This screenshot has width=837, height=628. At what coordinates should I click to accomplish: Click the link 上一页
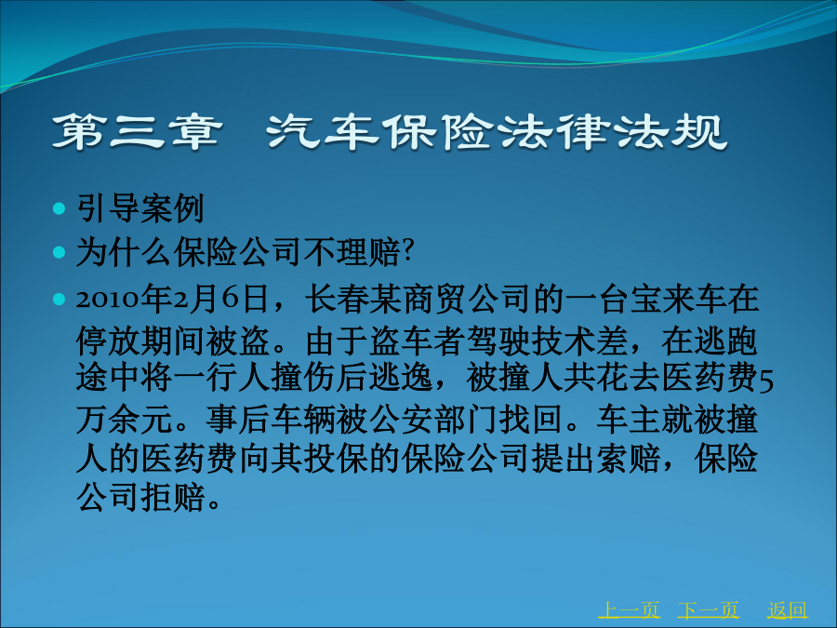tap(629, 609)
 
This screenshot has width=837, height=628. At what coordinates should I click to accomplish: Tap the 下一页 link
tap(709, 609)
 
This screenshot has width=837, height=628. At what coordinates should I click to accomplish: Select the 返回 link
tap(788, 609)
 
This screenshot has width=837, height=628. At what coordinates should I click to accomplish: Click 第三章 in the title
tap(137, 131)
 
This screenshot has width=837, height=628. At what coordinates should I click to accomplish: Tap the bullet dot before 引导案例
tap(60, 207)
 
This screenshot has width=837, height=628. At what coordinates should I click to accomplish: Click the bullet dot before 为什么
tap(60, 251)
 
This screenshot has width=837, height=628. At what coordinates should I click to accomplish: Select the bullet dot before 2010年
tap(60, 299)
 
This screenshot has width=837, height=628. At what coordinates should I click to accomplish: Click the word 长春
tap(337, 299)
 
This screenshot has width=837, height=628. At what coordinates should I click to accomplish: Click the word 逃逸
tap(400, 378)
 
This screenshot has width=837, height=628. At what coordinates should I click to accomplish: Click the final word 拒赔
tap(174, 498)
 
